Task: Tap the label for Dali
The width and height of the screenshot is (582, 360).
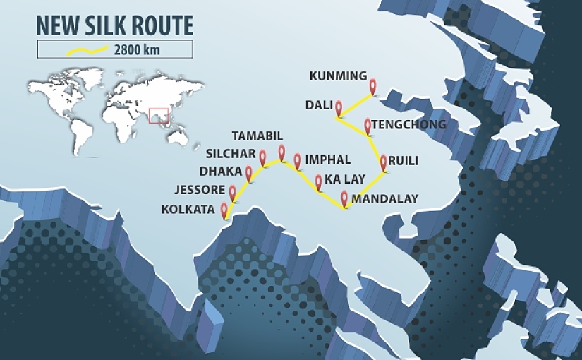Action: click(x=319, y=105)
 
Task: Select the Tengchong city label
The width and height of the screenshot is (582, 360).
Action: click(x=408, y=125)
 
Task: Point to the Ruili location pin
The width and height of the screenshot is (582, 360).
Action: click(x=383, y=162)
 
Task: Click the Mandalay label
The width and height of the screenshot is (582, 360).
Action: click(x=385, y=199)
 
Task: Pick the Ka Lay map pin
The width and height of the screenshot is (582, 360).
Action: click(x=318, y=181)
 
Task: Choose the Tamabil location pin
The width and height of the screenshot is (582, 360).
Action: click(x=281, y=152)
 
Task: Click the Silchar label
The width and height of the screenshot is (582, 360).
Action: click(x=231, y=154)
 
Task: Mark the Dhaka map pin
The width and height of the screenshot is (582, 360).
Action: click(x=248, y=172)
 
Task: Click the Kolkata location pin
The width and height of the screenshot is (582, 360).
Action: click(x=225, y=210)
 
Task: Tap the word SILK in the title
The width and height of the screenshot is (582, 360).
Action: click(x=109, y=25)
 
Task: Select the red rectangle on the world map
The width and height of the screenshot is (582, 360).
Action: click(x=159, y=115)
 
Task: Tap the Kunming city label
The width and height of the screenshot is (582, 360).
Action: click(x=339, y=76)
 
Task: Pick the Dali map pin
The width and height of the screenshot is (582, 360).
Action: click(x=339, y=107)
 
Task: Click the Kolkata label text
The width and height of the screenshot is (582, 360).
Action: click(x=188, y=210)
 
